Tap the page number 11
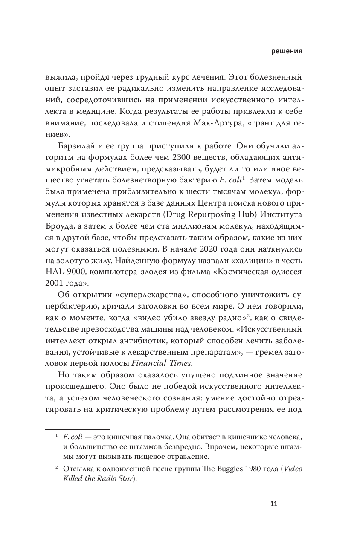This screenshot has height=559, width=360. coord(274,504)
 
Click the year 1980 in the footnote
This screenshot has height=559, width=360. coord(232,468)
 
